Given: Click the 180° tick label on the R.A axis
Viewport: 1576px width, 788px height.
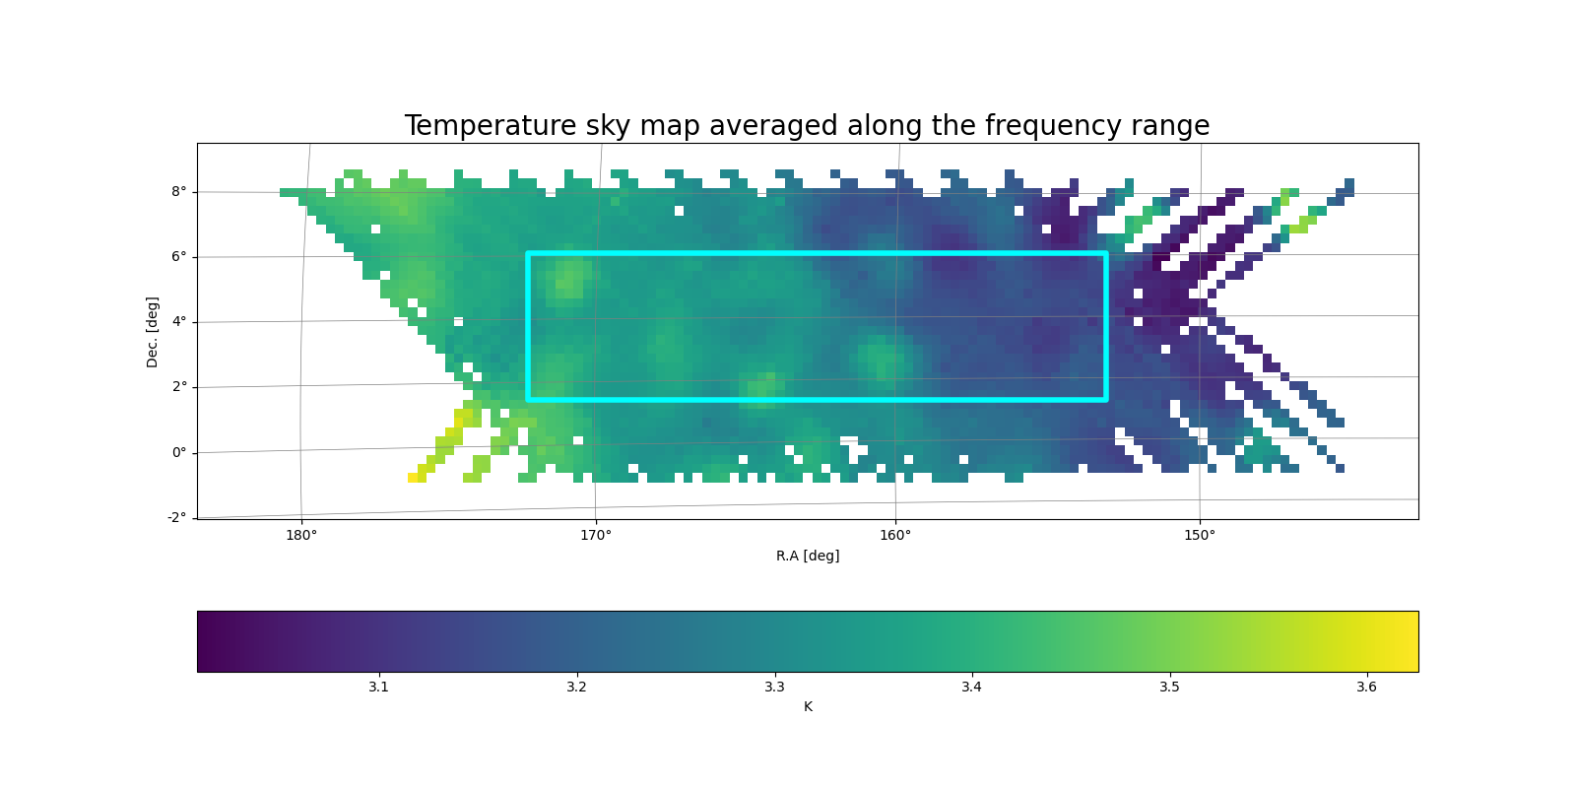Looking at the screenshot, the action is pyautogui.click(x=301, y=536).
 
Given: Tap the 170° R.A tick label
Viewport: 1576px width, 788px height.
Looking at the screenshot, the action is pyautogui.click(x=595, y=536).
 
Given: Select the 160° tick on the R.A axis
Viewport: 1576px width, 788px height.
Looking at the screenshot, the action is pyautogui.click(x=895, y=536).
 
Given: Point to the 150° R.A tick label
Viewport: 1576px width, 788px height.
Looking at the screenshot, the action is pyautogui.click(x=1200, y=536).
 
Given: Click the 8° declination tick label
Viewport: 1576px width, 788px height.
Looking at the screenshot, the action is pyautogui.click(x=179, y=191).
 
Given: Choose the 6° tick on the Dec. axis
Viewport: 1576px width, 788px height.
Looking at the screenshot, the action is pyautogui.click(x=179, y=257).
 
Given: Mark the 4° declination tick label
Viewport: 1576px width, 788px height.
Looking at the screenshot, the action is pyautogui.click(x=179, y=321).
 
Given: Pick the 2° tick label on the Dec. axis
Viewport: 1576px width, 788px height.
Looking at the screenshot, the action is pyautogui.click(x=179, y=387).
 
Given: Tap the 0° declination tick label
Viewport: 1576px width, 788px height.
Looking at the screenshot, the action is pyautogui.click(x=179, y=452).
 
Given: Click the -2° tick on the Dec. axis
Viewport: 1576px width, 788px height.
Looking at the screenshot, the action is pyautogui.click(x=176, y=518).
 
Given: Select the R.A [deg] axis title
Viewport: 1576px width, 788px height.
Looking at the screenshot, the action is pyautogui.click(x=808, y=556).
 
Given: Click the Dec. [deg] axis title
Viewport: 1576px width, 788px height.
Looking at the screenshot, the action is pyautogui.click(x=152, y=332).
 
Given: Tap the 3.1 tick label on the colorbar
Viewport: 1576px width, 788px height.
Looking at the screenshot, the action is pyautogui.click(x=378, y=687).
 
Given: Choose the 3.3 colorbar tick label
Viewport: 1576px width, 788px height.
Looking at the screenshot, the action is pyautogui.click(x=774, y=687).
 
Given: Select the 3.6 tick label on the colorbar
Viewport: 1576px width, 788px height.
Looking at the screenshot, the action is pyautogui.click(x=1366, y=687).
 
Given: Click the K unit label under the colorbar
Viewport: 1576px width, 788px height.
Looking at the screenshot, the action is pyautogui.click(x=808, y=706).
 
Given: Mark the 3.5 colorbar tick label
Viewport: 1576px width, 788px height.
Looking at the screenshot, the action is pyautogui.click(x=1169, y=687).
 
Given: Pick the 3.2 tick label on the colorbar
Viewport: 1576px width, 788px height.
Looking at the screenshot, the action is pyautogui.click(x=576, y=687).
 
